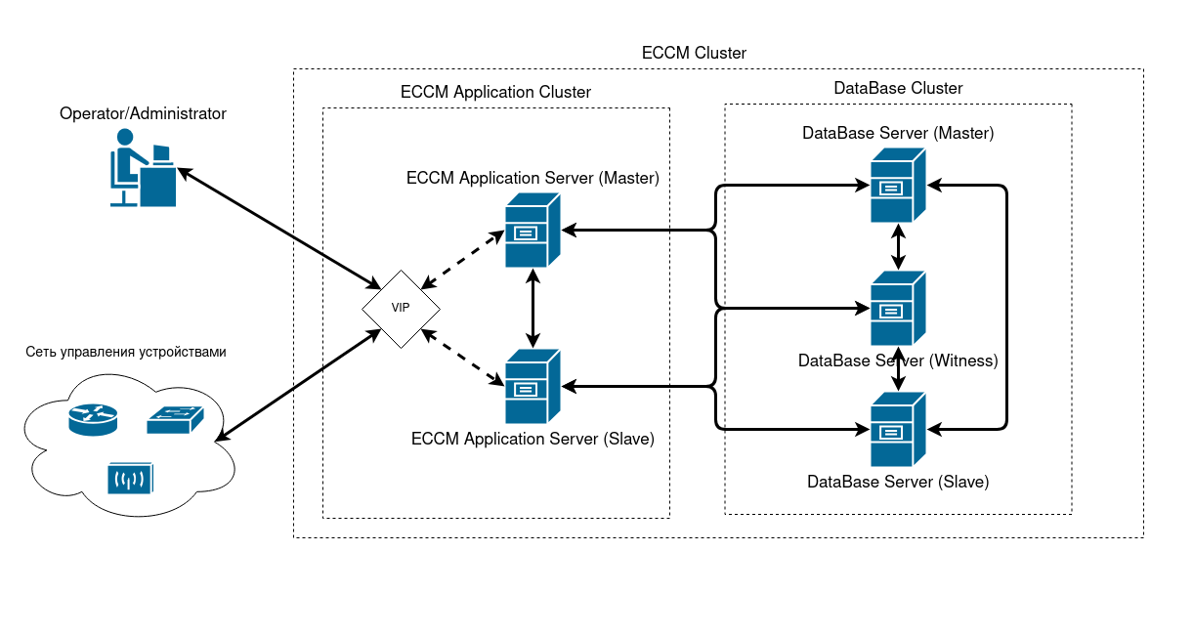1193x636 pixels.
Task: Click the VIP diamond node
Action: pos(401,308)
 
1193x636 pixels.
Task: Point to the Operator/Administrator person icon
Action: pos(141,168)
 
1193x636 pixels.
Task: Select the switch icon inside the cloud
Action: pos(176,421)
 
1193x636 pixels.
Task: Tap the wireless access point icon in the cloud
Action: pos(131,478)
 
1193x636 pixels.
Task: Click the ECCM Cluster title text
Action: pos(694,53)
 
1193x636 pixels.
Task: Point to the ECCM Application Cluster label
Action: pos(495,92)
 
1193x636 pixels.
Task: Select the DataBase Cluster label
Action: pos(898,88)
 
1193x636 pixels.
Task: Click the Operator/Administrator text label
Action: pos(143,113)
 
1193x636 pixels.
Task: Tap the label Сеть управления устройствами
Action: pos(126,352)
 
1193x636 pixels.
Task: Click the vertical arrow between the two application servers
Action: pos(533,308)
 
